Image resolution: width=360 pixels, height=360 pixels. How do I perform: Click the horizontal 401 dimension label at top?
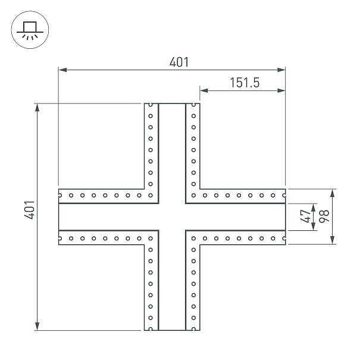tap(179, 62)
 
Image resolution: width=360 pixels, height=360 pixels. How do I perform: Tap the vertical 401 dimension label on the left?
tap(30, 209)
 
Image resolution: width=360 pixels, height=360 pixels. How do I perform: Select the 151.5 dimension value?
tap(245, 83)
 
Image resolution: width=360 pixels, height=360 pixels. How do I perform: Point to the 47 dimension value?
tap(305, 216)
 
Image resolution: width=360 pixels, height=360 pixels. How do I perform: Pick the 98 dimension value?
tap(324, 216)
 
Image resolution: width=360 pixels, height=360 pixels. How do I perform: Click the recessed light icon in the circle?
tap(30, 30)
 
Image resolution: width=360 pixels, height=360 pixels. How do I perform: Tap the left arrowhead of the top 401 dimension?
tap(62, 70)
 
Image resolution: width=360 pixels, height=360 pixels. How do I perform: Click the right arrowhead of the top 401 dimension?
tap(281, 70)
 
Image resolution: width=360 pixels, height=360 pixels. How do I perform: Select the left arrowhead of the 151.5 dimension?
tap(204, 90)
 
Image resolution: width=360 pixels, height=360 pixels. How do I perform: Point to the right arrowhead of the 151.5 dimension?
tap(281, 90)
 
